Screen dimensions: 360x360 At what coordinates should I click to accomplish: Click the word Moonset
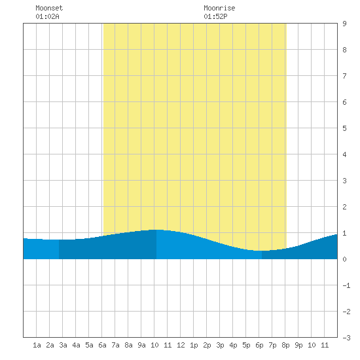point(49,8)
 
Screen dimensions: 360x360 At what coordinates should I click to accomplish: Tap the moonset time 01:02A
point(47,16)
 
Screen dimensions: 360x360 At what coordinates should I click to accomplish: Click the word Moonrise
point(219,8)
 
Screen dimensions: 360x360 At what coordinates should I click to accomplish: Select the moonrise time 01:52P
point(215,16)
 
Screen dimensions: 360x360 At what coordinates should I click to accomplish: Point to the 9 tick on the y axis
point(344,24)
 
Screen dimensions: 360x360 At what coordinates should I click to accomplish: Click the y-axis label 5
point(344,128)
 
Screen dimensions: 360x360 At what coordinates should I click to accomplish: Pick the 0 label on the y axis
point(344,259)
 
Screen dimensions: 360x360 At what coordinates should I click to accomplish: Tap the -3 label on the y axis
point(346,338)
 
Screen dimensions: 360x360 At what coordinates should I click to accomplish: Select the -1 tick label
point(346,285)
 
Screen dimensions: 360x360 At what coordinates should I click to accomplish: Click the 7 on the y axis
point(344,76)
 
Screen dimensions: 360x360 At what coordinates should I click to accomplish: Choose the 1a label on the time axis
point(37,345)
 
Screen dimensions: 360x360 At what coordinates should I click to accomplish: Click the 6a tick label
point(102,345)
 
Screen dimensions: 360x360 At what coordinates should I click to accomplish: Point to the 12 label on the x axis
point(181,345)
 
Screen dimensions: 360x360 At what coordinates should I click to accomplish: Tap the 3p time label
point(220,345)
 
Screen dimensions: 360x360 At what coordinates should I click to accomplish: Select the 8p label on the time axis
point(285,345)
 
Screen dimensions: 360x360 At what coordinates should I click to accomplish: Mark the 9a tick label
point(141,345)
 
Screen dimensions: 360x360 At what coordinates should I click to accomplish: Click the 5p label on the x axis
point(246,345)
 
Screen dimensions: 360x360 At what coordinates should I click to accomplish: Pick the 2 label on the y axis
point(344,207)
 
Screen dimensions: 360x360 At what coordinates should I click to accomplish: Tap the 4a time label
point(76,345)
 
